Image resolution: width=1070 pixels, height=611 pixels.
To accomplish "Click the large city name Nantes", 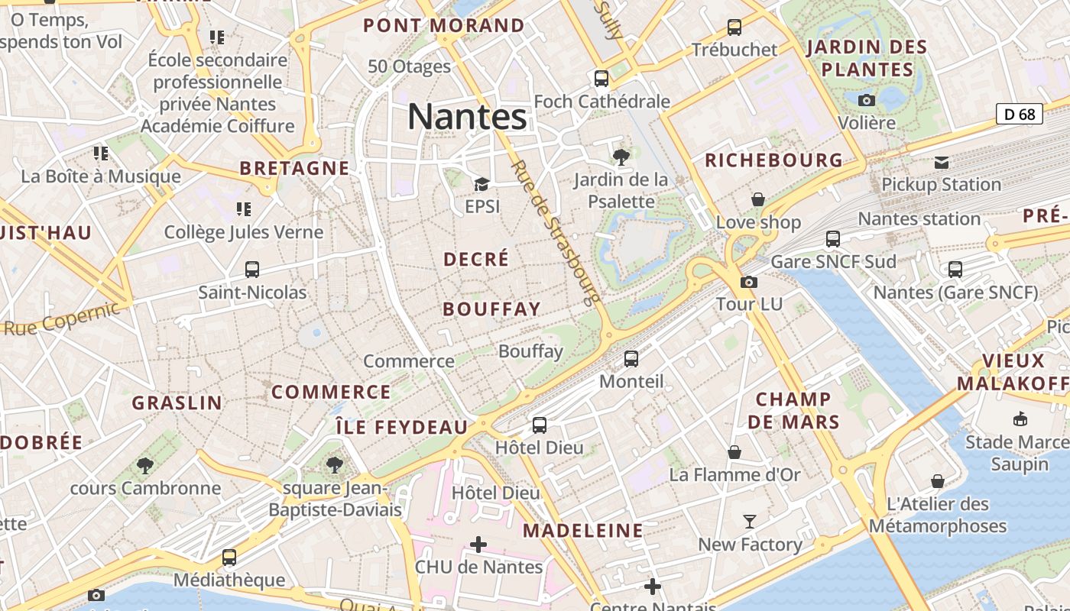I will [467, 117].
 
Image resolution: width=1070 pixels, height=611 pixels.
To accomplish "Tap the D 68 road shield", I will [1020, 115].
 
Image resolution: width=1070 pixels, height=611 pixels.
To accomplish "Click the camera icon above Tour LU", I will [749, 282].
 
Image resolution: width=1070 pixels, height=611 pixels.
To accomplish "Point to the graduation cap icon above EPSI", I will [481, 184].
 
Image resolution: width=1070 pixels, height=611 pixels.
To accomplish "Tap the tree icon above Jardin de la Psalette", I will [621, 157].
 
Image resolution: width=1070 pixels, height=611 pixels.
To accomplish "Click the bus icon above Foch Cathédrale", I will [601, 78].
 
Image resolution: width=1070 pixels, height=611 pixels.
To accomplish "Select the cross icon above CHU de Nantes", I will [478, 545].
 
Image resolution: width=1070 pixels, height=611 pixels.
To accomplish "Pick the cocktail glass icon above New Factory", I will [749, 522].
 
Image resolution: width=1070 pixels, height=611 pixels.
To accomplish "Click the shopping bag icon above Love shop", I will [758, 199].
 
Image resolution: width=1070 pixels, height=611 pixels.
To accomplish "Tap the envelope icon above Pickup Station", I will [942, 162].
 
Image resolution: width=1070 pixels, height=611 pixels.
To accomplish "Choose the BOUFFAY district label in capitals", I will [491, 309].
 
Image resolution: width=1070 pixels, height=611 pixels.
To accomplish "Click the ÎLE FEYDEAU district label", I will [401, 427].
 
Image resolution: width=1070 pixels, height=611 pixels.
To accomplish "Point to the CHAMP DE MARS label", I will [793, 410].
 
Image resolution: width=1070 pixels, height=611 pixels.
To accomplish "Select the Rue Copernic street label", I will [63, 318].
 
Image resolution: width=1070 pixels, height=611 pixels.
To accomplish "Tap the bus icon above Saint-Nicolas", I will [252, 270].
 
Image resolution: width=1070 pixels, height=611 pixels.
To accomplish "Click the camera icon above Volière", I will [867, 100].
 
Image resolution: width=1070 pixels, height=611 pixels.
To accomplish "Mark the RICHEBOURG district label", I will [773, 160].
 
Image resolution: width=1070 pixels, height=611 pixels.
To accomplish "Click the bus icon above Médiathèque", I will [229, 558].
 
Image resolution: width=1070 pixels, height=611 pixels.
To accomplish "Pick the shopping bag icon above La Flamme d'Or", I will [734, 452].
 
